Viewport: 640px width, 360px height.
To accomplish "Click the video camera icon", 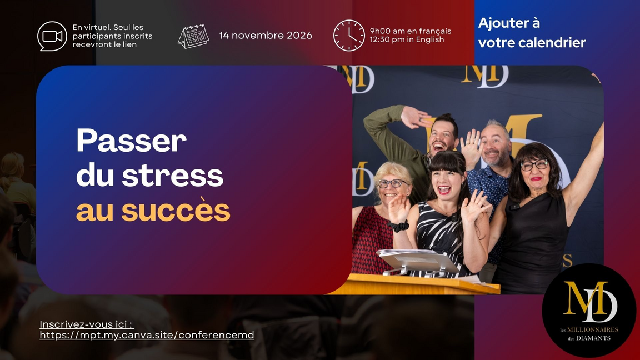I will tap(52, 36).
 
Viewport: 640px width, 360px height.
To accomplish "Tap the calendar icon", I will tap(193, 36).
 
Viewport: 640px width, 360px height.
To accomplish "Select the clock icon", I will tap(349, 36).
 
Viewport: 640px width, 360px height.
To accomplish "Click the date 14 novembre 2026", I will tap(266, 36).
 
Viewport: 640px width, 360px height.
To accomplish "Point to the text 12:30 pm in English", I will tap(407, 40).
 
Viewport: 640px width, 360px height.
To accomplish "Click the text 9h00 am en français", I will tap(410, 31).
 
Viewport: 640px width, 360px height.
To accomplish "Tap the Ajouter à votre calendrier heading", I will tap(532, 33).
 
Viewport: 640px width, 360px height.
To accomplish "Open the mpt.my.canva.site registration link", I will tap(147, 335).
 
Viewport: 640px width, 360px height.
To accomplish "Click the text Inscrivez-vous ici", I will tap(87, 324).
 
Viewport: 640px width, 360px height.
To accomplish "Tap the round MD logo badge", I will tap(589, 310).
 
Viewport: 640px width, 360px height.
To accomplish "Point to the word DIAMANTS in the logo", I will tap(594, 338).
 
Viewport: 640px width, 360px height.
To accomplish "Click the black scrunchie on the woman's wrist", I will tap(398, 226).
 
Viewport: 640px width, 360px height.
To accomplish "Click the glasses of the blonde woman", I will tap(392, 183).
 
